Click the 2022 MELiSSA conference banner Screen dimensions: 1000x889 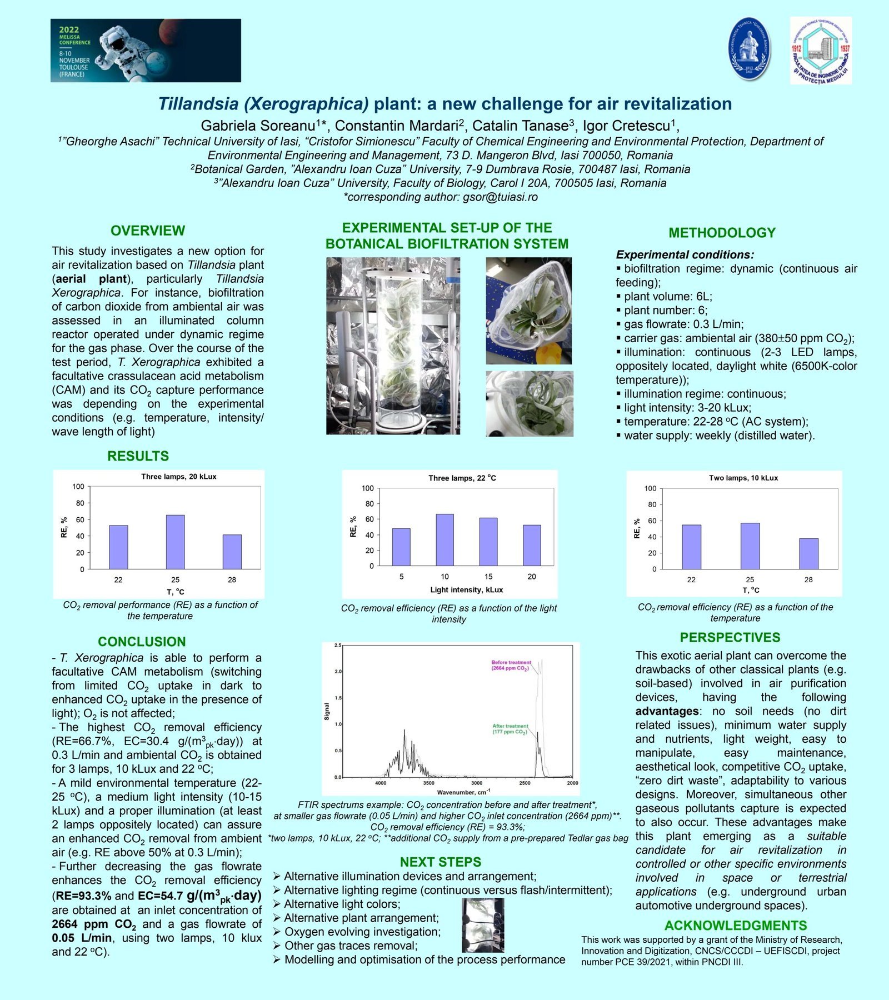[x=146, y=51]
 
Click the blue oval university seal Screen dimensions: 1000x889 [x=750, y=49]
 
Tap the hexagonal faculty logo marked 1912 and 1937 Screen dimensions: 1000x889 [x=821, y=51]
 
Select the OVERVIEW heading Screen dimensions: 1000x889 [x=148, y=231]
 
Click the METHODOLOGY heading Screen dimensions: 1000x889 [x=722, y=233]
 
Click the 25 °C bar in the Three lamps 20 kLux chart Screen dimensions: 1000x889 [x=175, y=542]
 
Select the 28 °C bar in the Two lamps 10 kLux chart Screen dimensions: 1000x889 [x=808, y=553]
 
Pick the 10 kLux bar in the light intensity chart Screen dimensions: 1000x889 [x=444, y=540]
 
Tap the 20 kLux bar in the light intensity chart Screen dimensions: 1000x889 [x=532, y=545]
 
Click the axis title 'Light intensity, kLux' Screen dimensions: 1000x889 [x=466, y=590]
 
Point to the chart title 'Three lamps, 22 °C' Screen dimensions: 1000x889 [x=462, y=478]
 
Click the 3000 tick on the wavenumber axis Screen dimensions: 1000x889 [x=477, y=783]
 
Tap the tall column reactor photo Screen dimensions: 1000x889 [x=393, y=346]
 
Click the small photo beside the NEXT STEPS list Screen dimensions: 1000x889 [x=483, y=926]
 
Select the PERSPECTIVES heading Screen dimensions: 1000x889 [x=730, y=637]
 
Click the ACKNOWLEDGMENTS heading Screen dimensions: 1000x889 [x=735, y=926]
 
